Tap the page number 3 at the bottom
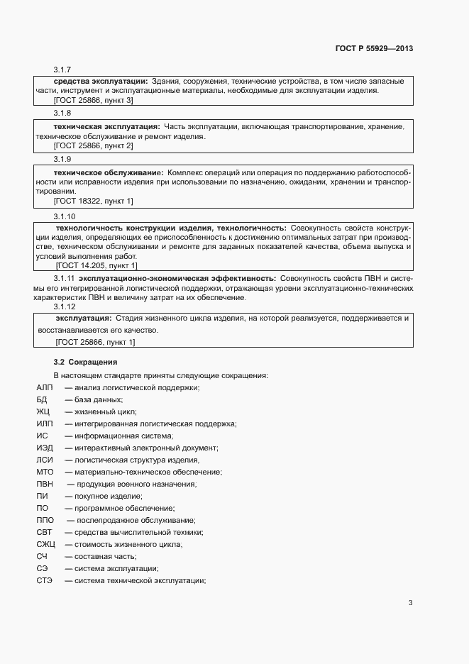click(x=410, y=603)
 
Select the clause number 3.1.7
click(x=63, y=70)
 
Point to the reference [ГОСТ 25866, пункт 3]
click(x=94, y=101)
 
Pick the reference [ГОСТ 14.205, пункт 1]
click(x=96, y=265)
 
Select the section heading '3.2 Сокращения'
click(x=81, y=362)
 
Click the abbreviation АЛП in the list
click(x=44, y=387)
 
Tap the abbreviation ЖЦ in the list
click(x=43, y=411)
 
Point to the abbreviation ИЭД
click(x=44, y=448)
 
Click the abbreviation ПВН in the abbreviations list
click(x=45, y=484)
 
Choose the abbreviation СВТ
click(x=45, y=532)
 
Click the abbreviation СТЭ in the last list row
click(x=45, y=581)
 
